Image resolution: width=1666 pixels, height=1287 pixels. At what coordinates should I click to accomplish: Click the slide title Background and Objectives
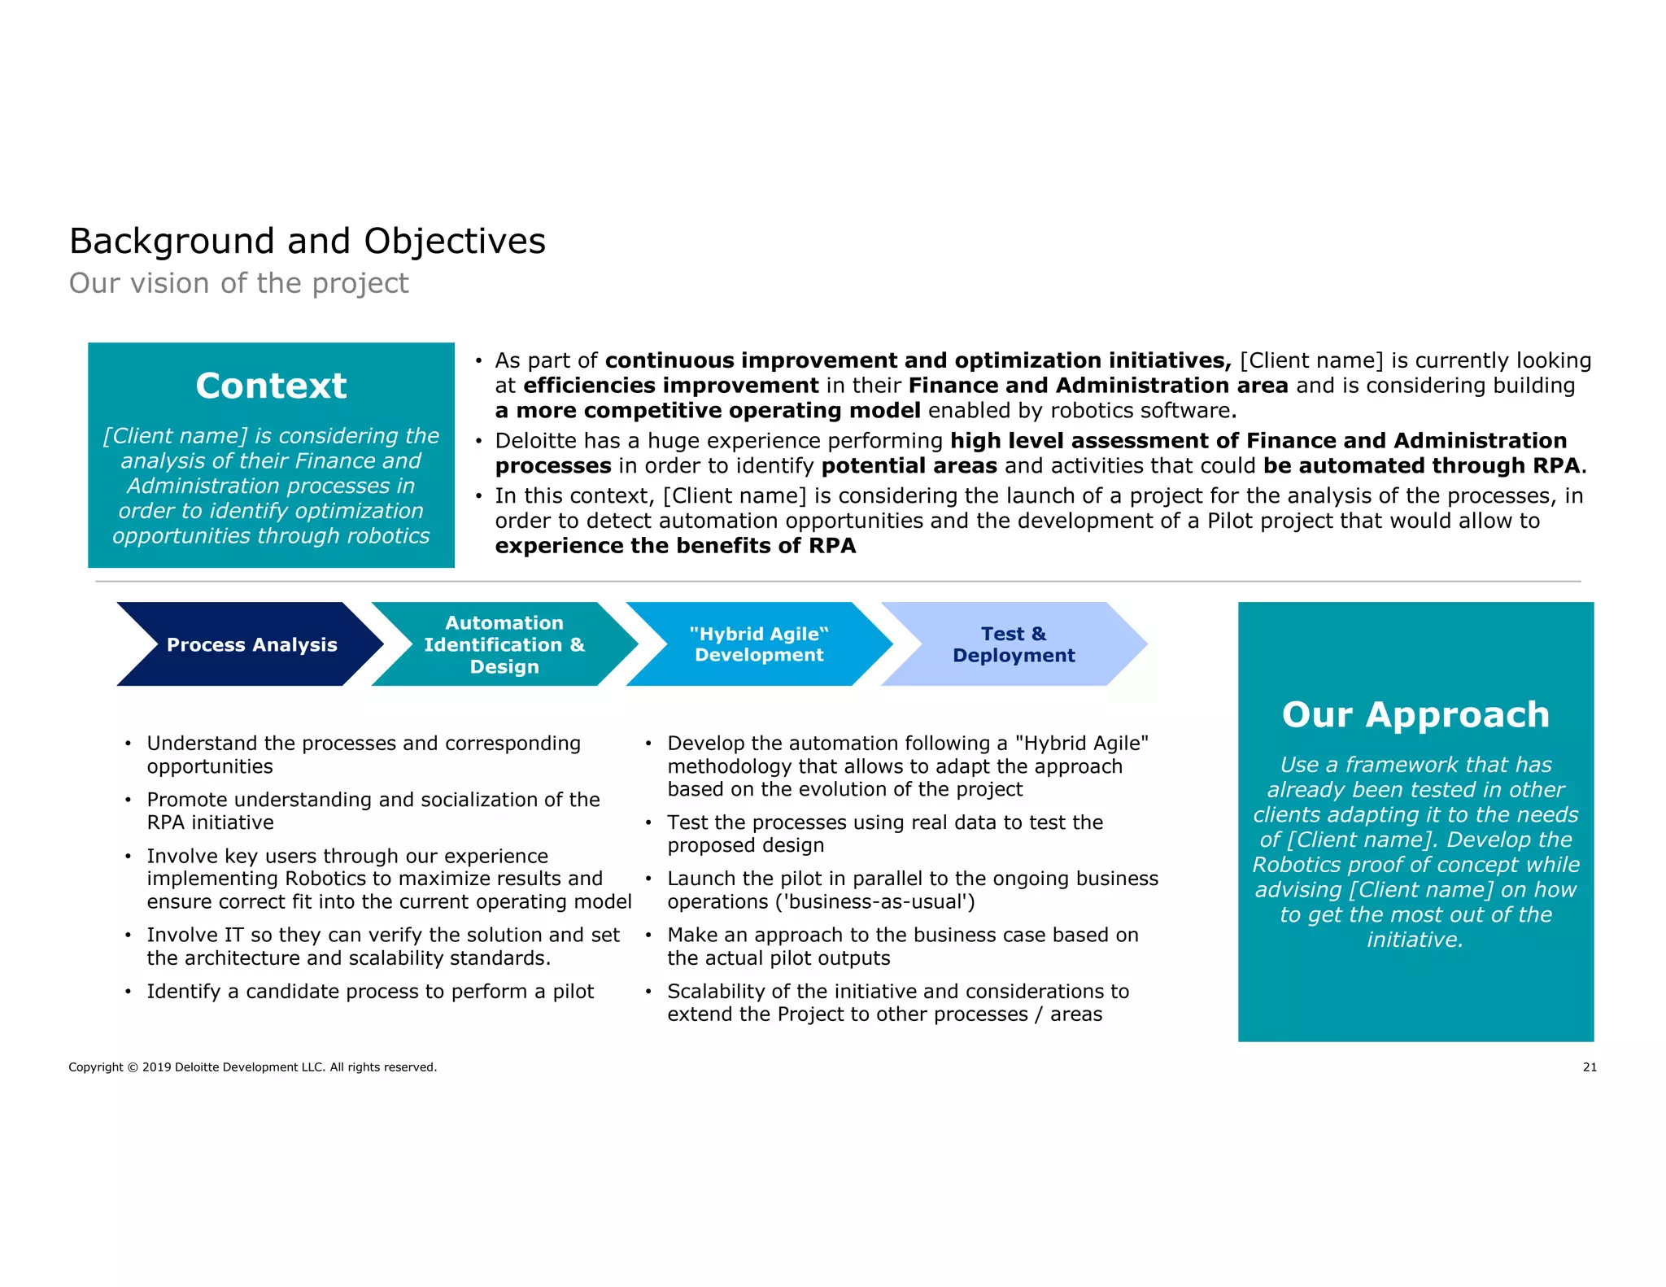[307, 241]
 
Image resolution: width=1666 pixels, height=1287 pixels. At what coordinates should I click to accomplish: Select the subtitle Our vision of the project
[238, 283]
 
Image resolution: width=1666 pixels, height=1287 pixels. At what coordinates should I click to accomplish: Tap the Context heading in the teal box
[271, 386]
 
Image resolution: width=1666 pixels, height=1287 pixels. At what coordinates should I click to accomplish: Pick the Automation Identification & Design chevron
[504, 644]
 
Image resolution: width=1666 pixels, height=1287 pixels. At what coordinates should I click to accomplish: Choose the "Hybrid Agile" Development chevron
[759, 644]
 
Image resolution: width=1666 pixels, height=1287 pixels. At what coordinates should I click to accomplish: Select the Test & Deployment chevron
[1014, 644]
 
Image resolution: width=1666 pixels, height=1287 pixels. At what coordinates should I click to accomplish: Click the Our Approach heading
[1415, 714]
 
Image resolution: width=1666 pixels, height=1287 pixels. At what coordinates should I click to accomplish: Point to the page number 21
[1590, 1067]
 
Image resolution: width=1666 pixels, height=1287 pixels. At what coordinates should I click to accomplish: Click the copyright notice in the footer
[252, 1067]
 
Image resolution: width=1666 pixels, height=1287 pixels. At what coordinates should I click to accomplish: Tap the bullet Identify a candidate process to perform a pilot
[370, 992]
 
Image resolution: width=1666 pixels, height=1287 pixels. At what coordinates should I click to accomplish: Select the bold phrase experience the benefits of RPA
[675, 546]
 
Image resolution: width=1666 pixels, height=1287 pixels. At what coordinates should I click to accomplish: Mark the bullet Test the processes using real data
[885, 834]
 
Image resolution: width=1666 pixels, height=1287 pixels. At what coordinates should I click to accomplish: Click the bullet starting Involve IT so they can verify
[382, 946]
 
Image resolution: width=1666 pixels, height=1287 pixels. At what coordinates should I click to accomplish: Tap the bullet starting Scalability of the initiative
[898, 1003]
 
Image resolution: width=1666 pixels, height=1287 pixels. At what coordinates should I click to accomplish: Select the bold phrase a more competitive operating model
[708, 411]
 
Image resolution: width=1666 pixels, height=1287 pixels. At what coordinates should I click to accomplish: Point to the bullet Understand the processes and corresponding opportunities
[364, 755]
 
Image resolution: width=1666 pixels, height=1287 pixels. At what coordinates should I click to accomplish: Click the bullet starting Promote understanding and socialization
[373, 811]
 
